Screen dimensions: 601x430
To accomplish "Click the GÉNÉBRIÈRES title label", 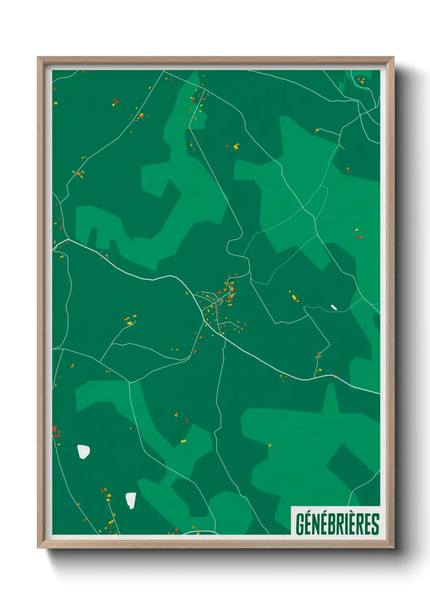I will pyautogui.click(x=337, y=523).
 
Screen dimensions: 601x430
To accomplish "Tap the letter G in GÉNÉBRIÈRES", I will pyautogui.click(x=300, y=524).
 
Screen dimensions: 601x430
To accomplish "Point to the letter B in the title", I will pyautogui.click(x=330, y=524).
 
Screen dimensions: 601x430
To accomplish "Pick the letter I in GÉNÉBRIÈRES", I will pyautogui.click(x=346, y=524).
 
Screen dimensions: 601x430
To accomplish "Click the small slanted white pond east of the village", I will pyautogui.click(x=334, y=307).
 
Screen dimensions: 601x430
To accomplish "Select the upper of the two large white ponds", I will pyautogui.click(x=83, y=451).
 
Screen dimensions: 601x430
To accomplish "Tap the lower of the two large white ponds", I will pyautogui.click(x=130, y=500).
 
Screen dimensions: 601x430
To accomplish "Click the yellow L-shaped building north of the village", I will pyautogui.click(x=236, y=146).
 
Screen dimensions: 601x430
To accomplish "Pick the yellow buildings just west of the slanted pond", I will pyautogui.click(x=294, y=298).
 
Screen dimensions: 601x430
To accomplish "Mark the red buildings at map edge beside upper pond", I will pyautogui.click(x=55, y=431).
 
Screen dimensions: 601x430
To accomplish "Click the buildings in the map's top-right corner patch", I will pyautogui.click(x=361, y=80).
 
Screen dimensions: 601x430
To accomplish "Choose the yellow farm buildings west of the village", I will pyautogui.click(x=130, y=321).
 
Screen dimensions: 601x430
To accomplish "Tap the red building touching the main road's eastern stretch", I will pyautogui.click(x=336, y=376).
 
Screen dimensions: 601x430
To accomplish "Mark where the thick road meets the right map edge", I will pyautogui.click(x=379, y=393).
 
